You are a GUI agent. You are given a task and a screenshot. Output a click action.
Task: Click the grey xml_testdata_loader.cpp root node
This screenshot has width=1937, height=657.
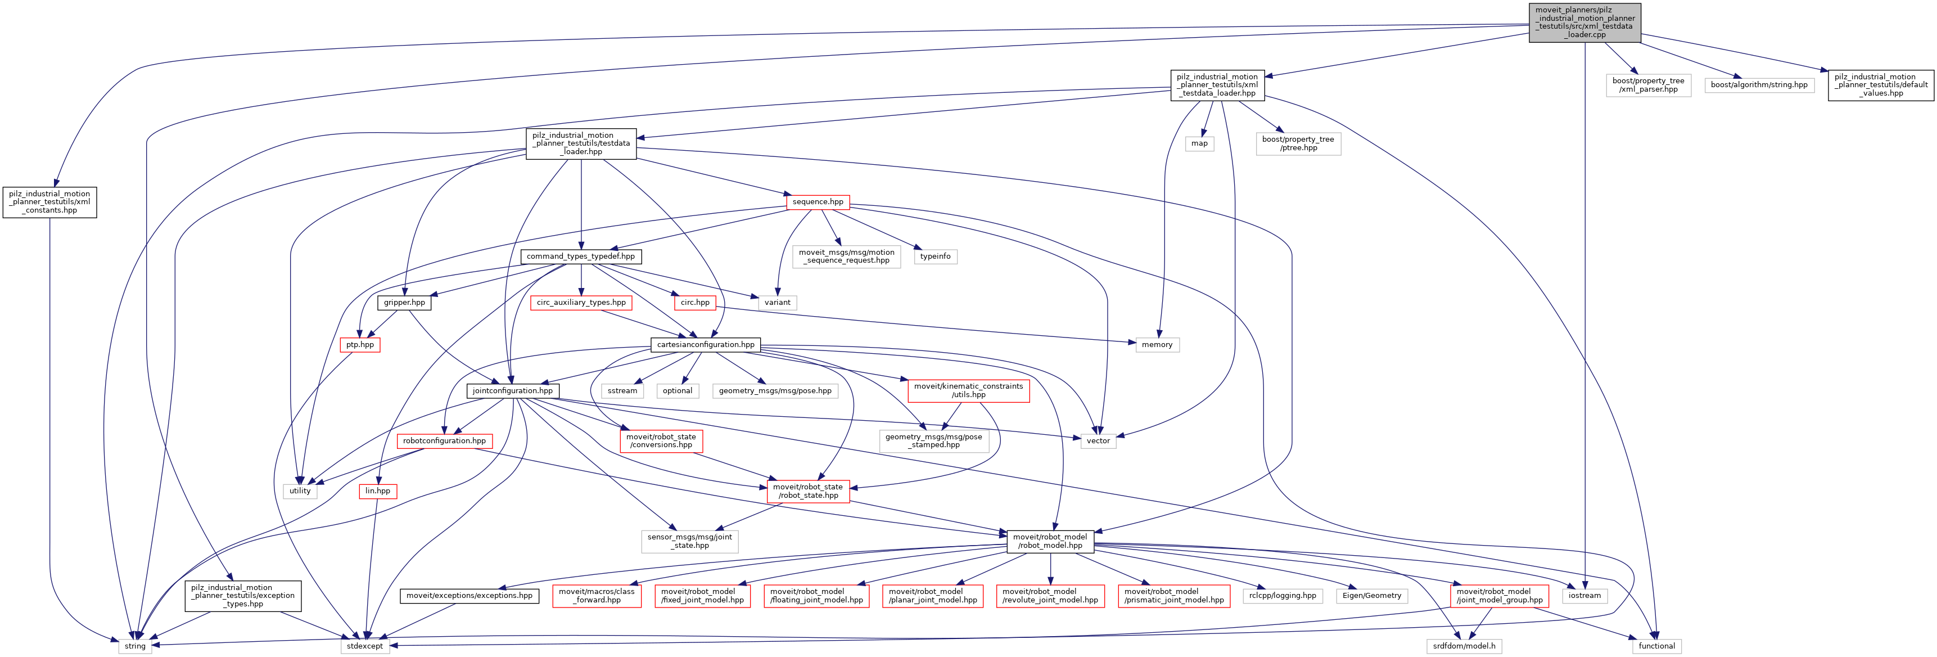[1584, 22]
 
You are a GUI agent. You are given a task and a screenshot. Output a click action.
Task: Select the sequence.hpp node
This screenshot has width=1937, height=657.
[818, 202]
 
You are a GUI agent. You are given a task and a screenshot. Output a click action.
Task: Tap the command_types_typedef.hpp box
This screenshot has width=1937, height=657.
[580, 256]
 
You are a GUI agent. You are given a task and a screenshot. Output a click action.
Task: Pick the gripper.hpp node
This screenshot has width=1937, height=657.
[404, 303]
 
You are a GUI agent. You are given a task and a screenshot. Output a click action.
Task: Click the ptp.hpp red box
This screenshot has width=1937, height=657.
[360, 345]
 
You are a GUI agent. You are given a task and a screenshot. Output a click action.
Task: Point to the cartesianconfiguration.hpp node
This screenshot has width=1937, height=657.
[705, 345]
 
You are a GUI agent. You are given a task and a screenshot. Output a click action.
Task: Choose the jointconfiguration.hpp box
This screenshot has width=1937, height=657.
[512, 390]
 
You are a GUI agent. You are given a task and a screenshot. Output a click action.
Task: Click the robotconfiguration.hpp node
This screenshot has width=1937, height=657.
[444, 441]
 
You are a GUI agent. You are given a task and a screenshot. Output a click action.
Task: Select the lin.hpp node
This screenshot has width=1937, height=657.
[377, 490]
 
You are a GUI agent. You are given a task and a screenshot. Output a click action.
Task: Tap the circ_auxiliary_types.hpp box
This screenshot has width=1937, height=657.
[581, 303]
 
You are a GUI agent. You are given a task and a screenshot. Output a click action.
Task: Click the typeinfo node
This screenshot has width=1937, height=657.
[936, 256]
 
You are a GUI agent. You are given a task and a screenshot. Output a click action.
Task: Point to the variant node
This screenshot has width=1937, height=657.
[778, 303]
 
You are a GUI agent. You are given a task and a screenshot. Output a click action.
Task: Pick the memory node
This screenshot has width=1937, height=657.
[1157, 345]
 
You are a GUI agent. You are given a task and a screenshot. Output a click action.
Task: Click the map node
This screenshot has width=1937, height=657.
[1199, 143]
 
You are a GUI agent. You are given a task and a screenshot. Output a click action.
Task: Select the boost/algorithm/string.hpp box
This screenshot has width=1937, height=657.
[1759, 85]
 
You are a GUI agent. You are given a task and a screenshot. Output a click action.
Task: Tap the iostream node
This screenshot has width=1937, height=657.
[1584, 595]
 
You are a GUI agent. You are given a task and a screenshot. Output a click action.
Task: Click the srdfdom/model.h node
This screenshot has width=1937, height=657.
[1464, 646]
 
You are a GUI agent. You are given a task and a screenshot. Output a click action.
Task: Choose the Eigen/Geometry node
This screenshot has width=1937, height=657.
[1371, 595]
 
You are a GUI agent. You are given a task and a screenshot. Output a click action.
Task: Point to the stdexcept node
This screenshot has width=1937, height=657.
[365, 646]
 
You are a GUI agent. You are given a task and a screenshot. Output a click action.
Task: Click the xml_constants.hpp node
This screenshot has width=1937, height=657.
[49, 202]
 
